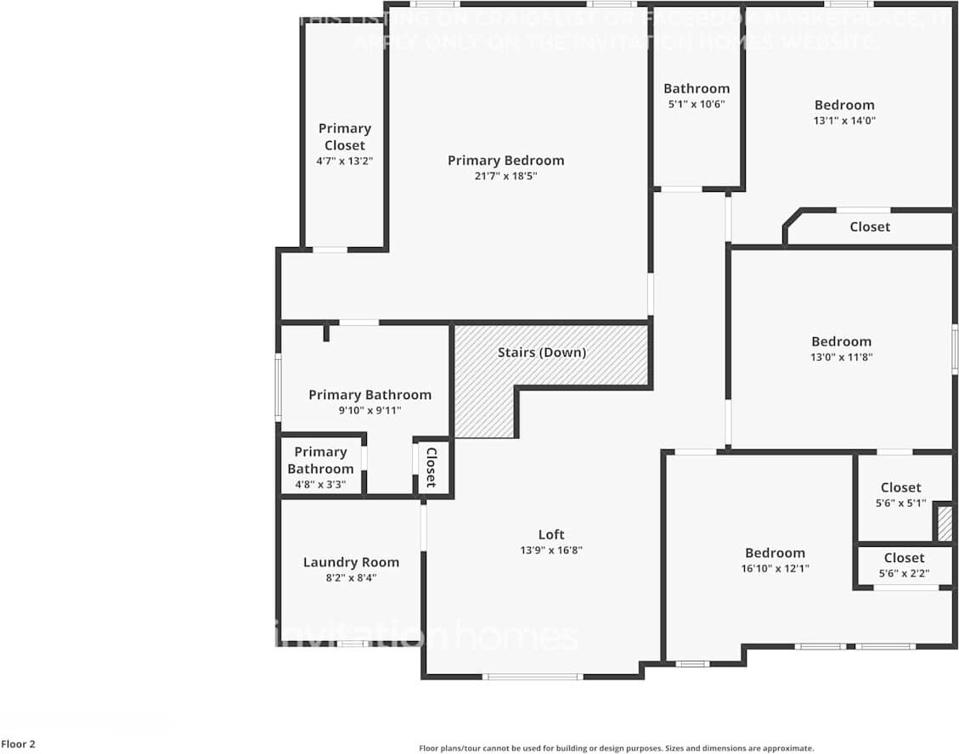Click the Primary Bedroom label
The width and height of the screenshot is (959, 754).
click(x=505, y=160)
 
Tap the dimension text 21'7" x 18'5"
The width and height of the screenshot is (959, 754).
click(x=505, y=176)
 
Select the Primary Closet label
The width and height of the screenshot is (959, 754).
click(x=345, y=137)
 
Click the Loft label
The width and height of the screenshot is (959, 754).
click(x=551, y=534)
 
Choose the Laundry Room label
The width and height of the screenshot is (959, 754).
click(x=351, y=562)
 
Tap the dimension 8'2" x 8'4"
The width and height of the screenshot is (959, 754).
click(x=351, y=577)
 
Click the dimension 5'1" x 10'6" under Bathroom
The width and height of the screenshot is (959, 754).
click(x=696, y=104)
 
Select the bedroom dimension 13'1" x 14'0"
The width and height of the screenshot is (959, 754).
click(x=843, y=121)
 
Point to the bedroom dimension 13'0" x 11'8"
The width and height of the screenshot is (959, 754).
click(x=841, y=357)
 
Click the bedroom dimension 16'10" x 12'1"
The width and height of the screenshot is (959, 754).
click(x=775, y=568)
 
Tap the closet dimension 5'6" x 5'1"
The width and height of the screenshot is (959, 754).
click(x=900, y=503)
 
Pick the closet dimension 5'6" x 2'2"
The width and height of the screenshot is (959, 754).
click(x=903, y=573)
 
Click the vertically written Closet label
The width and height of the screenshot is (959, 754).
click(x=431, y=467)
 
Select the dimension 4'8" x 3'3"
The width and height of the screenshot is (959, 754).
click(x=320, y=484)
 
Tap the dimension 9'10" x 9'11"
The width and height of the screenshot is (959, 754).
click(x=369, y=410)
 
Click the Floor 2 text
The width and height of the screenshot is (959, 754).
click(x=18, y=745)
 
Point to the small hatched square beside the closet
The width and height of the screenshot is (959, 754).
click(x=945, y=523)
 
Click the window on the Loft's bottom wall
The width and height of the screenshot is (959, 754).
click(x=533, y=677)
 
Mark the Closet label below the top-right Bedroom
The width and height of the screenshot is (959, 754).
click(x=870, y=227)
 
